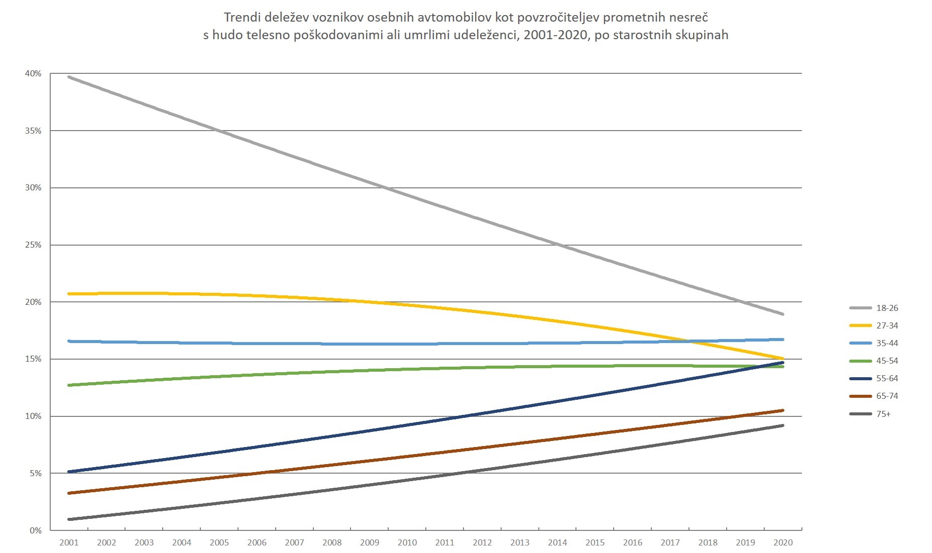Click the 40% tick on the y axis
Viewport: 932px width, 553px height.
[x=33, y=74]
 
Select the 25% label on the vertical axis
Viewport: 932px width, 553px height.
[x=33, y=245]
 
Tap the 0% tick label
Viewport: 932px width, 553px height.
[x=35, y=530]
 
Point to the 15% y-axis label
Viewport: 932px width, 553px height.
[x=33, y=359]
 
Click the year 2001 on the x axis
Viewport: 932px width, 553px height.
[x=69, y=542]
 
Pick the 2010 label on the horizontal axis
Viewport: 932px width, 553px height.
[x=407, y=542]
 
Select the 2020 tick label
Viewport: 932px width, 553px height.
[x=783, y=542]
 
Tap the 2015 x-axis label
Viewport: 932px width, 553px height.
[x=595, y=542]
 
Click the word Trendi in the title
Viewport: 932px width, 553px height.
[x=240, y=18]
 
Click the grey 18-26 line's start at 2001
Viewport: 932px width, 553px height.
[x=69, y=77]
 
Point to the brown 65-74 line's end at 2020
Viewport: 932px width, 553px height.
[x=782, y=410]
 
